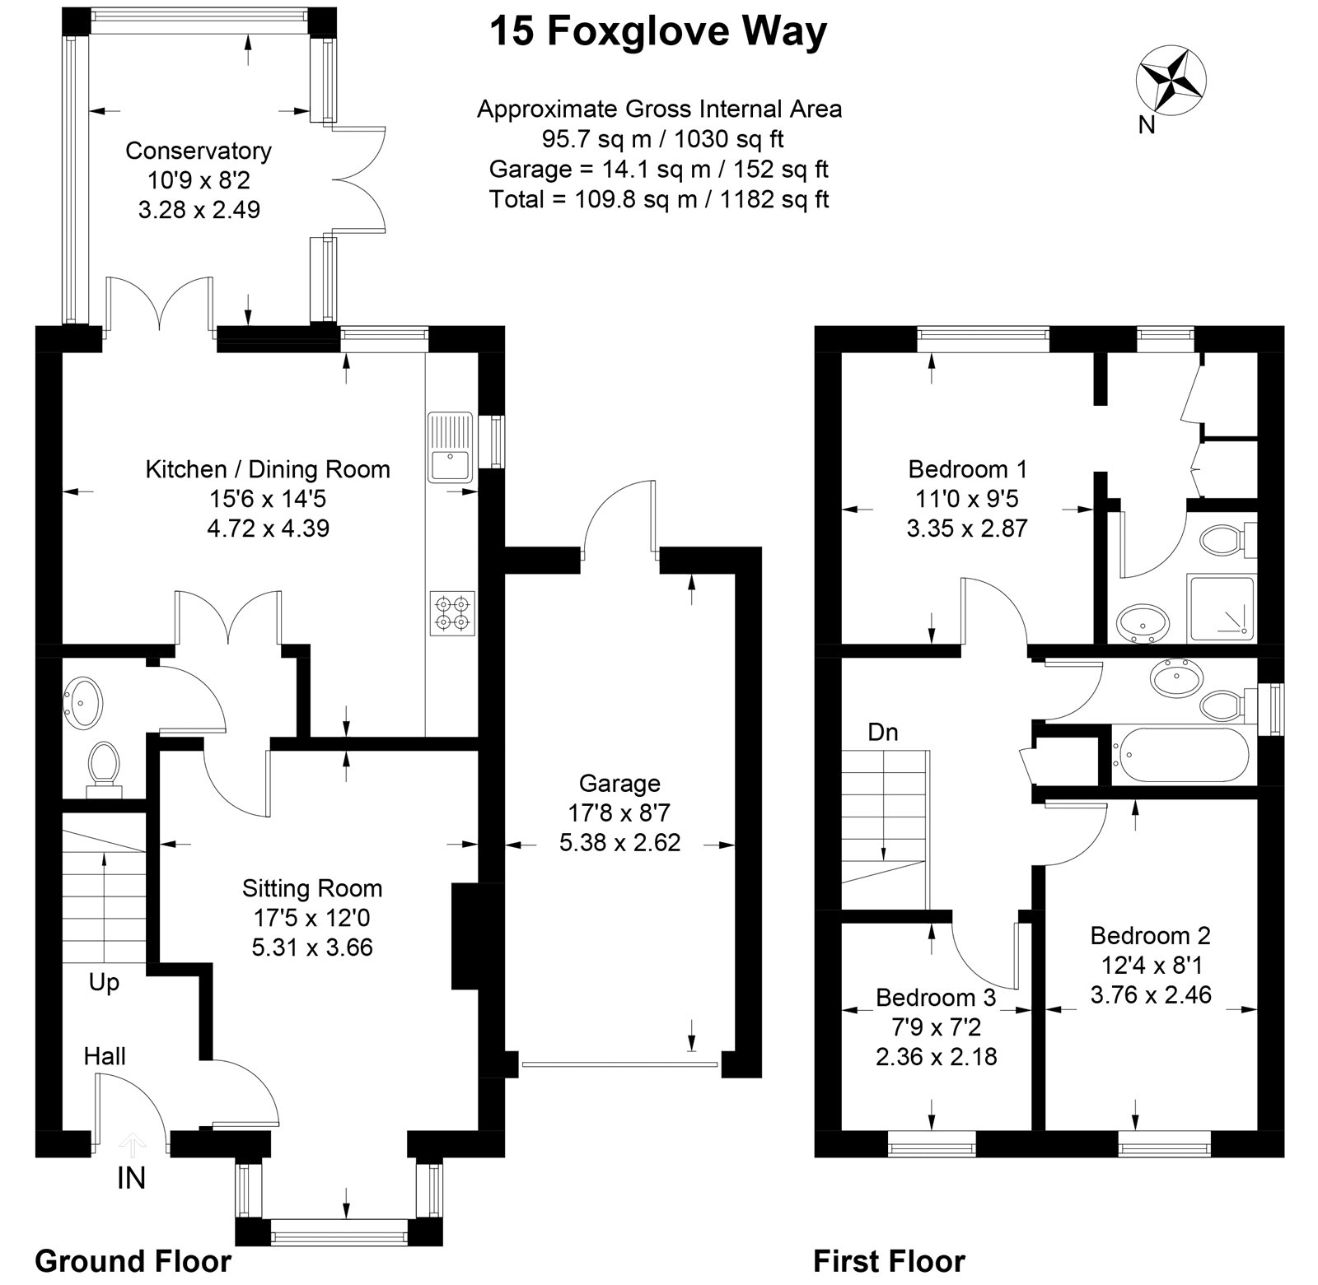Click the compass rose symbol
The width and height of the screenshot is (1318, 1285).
pyautogui.click(x=1171, y=81)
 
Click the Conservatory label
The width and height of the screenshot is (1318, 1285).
pyautogui.click(x=198, y=151)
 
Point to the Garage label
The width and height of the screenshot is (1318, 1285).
pyautogui.click(x=619, y=783)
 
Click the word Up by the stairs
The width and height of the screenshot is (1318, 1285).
pyautogui.click(x=104, y=982)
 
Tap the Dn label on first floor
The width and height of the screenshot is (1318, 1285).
pyautogui.click(x=883, y=732)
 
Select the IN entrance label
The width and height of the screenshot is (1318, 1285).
pyautogui.click(x=131, y=1179)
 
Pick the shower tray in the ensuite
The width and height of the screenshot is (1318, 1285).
pyautogui.click(x=1222, y=608)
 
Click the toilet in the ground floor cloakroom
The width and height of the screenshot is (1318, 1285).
pyautogui.click(x=104, y=765)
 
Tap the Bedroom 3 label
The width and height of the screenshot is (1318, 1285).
pyautogui.click(x=936, y=997)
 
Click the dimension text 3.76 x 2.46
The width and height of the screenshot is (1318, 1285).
pyautogui.click(x=1151, y=994)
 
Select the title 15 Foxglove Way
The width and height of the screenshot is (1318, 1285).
pyautogui.click(x=658, y=33)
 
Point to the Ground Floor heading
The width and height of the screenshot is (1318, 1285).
pyautogui.click(x=133, y=1260)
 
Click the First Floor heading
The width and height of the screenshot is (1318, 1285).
pyautogui.click(x=889, y=1260)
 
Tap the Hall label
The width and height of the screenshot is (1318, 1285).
pyautogui.click(x=105, y=1056)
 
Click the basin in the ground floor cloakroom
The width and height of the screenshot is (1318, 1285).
pyautogui.click(x=83, y=702)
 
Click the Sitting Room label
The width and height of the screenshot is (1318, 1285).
pyautogui.click(x=312, y=888)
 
